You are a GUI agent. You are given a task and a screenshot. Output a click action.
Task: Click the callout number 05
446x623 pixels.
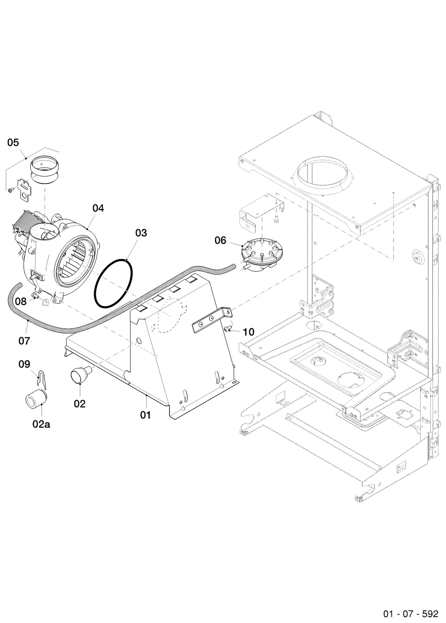(x=13, y=143)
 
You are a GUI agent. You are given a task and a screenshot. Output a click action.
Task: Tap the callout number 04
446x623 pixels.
(x=98, y=208)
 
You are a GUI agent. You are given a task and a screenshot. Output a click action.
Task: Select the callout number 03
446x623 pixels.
(x=141, y=233)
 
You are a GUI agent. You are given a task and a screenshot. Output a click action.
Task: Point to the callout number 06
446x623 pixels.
(x=220, y=240)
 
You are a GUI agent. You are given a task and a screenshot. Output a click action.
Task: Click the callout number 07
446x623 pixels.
(x=24, y=341)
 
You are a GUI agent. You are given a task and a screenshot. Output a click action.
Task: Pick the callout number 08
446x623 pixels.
(x=21, y=301)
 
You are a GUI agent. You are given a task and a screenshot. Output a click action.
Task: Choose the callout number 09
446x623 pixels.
(x=24, y=364)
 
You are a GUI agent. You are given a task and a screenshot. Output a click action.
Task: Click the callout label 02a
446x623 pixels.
(x=41, y=424)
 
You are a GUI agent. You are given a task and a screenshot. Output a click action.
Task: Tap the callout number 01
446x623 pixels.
(x=145, y=415)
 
